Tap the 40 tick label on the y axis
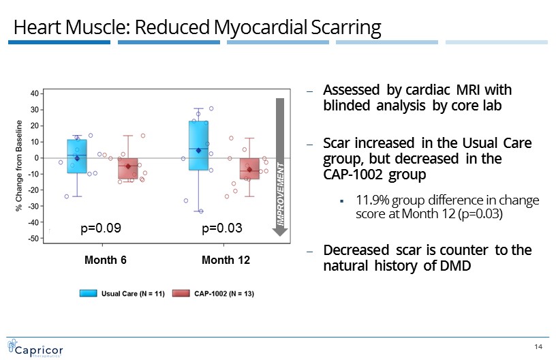click(x=34, y=93)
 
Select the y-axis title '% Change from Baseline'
click(x=19, y=166)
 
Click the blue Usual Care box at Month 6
click(x=77, y=156)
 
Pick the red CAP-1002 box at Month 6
click(x=128, y=168)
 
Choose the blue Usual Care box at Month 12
click(x=198, y=145)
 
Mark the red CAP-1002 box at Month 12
click(x=249, y=168)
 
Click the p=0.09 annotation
click(x=101, y=228)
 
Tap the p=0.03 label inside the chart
click(x=222, y=228)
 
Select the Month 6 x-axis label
click(x=106, y=260)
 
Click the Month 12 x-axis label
click(x=226, y=260)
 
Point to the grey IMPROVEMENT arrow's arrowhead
click(x=280, y=232)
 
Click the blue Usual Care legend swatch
click(x=89, y=293)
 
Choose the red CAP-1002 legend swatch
click(x=181, y=293)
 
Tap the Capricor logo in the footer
click(x=35, y=348)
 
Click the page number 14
click(x=538, y=346)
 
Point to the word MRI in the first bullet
click(x=467, y=90)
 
